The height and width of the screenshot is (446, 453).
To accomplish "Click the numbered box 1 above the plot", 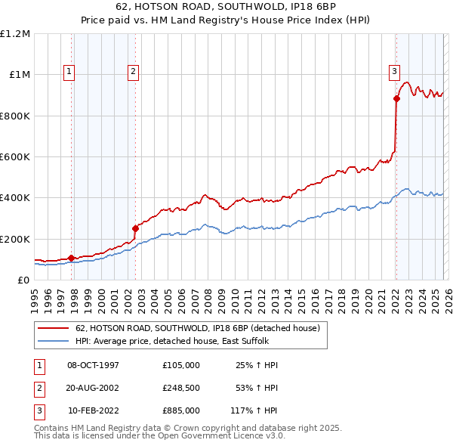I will [69, 72].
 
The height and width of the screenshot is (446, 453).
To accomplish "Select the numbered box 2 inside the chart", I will [133, 72].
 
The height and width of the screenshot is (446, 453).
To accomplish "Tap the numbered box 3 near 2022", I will [394, 72].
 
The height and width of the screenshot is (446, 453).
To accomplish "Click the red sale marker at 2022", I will [396, 98].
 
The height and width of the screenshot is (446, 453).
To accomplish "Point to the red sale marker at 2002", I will [136, 228].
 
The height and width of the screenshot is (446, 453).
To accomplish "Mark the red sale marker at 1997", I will [72, 258].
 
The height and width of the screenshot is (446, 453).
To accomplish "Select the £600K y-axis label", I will [15, 157].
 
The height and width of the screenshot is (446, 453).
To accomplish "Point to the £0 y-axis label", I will [24, 280].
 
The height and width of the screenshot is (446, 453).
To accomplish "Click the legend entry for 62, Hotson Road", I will [199, 328].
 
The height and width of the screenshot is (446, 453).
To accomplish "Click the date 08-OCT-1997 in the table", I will [93, 365].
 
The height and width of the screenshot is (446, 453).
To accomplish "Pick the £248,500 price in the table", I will [180, 388].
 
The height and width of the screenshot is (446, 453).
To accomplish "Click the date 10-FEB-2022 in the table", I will [93, 410].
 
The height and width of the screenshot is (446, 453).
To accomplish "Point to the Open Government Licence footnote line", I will [160, 435].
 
